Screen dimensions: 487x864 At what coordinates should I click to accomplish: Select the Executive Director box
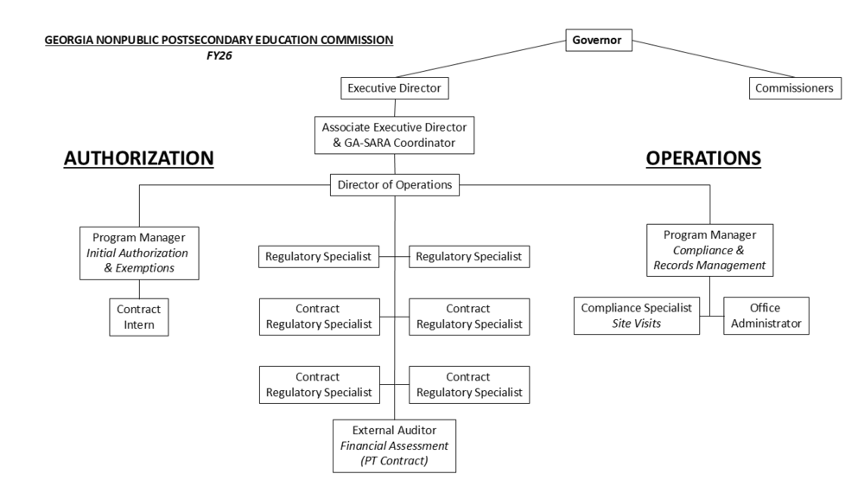tap(395, 88)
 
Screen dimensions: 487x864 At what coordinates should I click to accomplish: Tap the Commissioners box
tap(794, 88)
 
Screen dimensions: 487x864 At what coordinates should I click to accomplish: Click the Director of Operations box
tap(394, 183)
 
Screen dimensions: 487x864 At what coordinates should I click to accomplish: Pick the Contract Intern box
tap(138, 316)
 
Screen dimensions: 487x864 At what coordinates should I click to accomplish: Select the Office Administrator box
tap(764, 316)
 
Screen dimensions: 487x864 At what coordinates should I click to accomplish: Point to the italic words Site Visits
tap(638, 324)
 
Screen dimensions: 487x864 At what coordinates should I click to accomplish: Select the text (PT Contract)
tap(394, 461)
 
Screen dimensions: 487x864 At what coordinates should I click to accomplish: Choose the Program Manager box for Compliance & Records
tap(709, 250)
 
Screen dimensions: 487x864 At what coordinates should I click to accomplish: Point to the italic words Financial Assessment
tap(394, 445)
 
